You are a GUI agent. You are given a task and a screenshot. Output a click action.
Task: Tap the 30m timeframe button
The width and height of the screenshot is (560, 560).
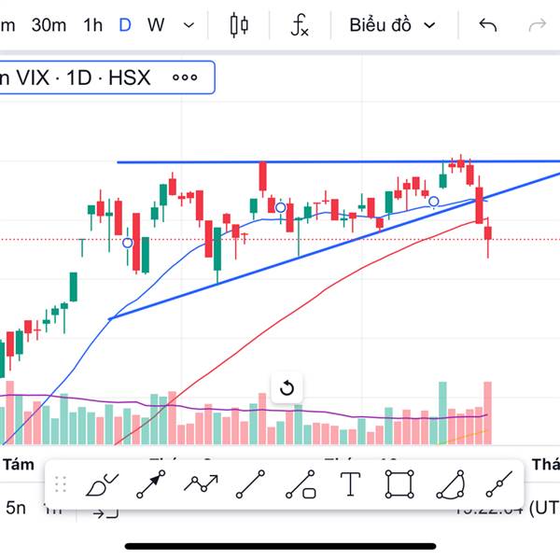tap(49, 25)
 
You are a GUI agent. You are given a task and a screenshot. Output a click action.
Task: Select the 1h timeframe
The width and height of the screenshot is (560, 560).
tap(92, 25)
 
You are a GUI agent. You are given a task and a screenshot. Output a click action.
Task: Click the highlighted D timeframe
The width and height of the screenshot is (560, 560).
tap(125, 25)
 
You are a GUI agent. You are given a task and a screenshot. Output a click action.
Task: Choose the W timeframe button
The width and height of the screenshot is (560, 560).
tap(156, 25)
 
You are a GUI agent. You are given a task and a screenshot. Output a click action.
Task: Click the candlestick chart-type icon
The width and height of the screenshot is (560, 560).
tap(240, 25)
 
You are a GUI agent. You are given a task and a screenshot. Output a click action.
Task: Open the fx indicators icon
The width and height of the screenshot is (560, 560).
tap(299, 25)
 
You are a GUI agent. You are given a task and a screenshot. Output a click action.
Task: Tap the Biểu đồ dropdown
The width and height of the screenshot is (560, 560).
tap(392, 25)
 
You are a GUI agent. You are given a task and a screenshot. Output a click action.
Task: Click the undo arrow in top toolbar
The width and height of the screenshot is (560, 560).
tap(487, 25)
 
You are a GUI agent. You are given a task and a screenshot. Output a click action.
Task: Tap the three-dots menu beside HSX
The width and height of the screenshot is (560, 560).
tap(185, 77)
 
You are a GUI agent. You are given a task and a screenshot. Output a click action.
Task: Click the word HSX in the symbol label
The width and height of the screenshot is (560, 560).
tap(129, 77)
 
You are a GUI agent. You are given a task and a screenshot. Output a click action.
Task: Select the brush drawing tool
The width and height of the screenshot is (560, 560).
tap(100, 484)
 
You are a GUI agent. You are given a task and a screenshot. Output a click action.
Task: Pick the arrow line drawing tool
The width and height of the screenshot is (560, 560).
tap(150, 484)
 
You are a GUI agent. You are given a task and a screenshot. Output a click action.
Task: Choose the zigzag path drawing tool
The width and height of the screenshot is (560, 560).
tap(201, 483)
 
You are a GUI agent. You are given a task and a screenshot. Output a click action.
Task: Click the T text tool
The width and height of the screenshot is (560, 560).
tap(350, 483)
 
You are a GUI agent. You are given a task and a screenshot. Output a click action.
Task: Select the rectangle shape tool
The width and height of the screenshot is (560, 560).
tap(399, 484)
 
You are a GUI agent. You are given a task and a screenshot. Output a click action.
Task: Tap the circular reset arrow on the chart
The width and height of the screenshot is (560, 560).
tap(287, 388)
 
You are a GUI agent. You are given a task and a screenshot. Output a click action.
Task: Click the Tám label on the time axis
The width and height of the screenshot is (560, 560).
tap(19, 464)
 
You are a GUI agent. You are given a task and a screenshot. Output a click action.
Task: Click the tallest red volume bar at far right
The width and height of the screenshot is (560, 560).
tap(487, 412)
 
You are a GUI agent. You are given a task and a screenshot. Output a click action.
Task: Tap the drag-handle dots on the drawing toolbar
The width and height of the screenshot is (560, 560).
tap(61, 483)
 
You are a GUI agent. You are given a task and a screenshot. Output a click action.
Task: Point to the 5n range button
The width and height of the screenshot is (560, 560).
tap(16, 509)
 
